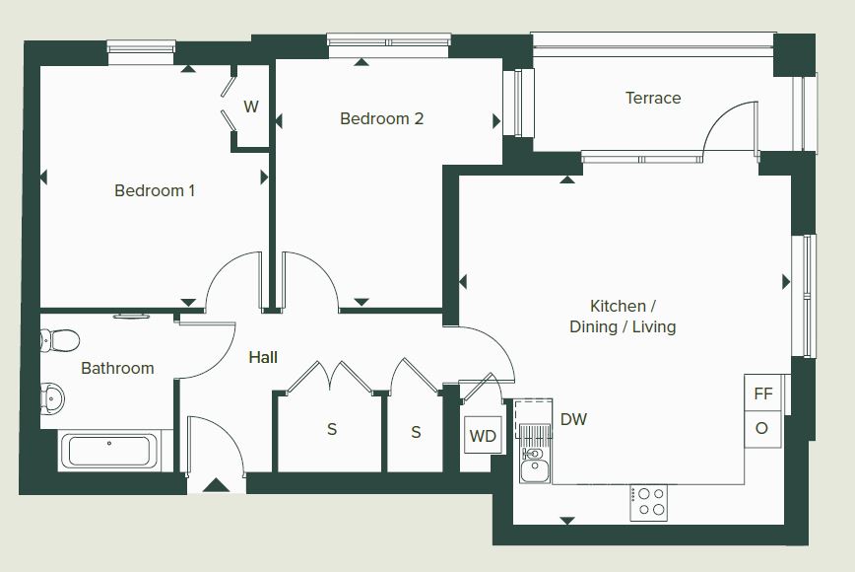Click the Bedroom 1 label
155,190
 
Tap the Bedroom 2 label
382,118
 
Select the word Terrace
653,98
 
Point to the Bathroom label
117,368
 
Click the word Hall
263,357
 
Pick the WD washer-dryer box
483,436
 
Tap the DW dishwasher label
573,419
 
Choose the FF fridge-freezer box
762,393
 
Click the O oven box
761,429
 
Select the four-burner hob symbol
649,502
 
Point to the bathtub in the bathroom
109,451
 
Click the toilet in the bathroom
59,340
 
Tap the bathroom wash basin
52,397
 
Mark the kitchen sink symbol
534,463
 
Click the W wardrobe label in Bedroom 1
251,107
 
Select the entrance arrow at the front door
217,484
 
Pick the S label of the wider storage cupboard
332,429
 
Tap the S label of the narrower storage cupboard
416,432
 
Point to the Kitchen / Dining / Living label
623,316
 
